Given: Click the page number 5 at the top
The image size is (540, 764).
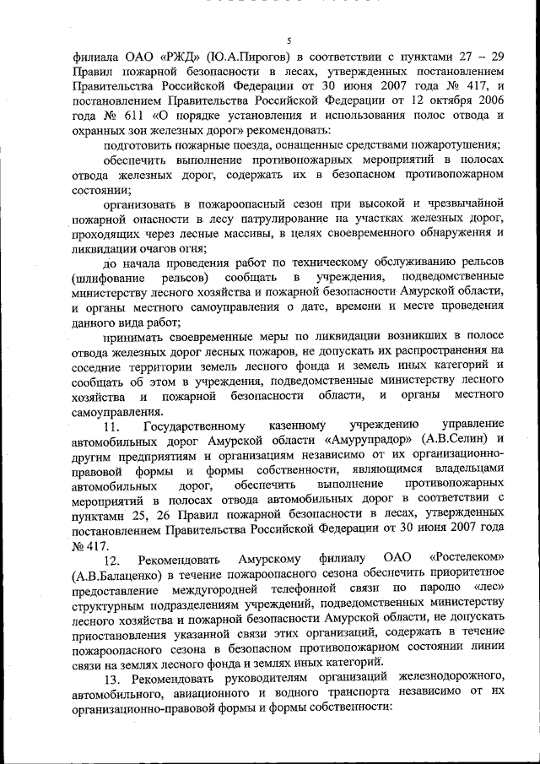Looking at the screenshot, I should pyautogui.click(x=289, y=41).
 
